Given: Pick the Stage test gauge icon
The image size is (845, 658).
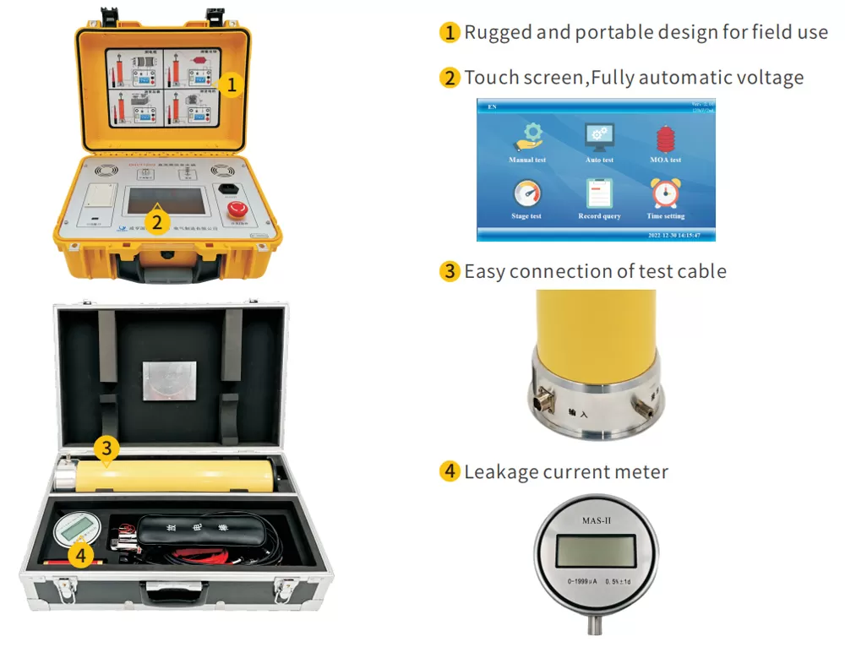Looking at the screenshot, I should point(526,193).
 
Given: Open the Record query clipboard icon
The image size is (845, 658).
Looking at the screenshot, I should point(599,193).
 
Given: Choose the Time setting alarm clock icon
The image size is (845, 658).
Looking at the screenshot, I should point(665,193).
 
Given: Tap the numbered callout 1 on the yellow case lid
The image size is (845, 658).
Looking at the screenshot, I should point(232,84).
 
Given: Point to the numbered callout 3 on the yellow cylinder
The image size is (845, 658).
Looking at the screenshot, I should point(105,449).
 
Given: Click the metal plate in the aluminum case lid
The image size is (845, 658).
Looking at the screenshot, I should point(170,382).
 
